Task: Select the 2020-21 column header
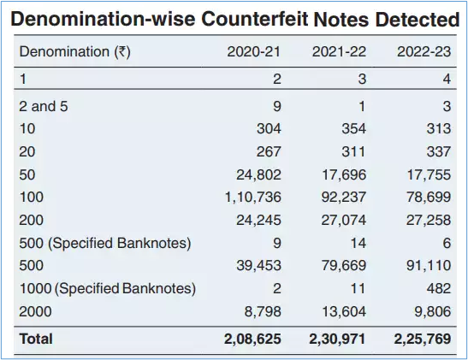(x=254, y=51)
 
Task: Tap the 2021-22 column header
(x=339, y=51)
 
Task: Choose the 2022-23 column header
(x=424, y=51)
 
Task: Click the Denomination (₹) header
(x=75, y=52)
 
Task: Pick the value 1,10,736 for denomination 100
(x=252, y=198)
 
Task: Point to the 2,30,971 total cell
(x=337, y=339)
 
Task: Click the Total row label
(x=36, y=339)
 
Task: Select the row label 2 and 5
(x=44, y=107)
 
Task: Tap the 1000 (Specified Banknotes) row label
(x=108, y=289)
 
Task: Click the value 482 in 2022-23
(x=438, y=288)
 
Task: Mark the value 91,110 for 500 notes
(x=429, y=265)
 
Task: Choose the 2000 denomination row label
(x=35, y=311)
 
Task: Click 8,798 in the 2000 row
(x=263, y=311)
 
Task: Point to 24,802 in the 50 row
(x=258, y=174)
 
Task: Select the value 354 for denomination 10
(x=353, y=129)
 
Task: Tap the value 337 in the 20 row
(x=438, y=152)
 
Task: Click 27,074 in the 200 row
(x=344, y=220)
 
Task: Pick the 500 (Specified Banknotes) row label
(x=105, y=243)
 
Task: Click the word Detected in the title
(x=417, y=19)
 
